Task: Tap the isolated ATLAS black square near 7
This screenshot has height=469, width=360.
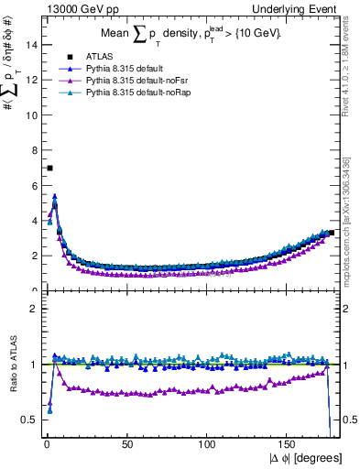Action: point(49,168)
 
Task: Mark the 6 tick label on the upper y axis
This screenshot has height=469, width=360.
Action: point(35,185)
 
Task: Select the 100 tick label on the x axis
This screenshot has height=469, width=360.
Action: point(208,442)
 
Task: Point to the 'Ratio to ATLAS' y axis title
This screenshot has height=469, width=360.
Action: point(14,365)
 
